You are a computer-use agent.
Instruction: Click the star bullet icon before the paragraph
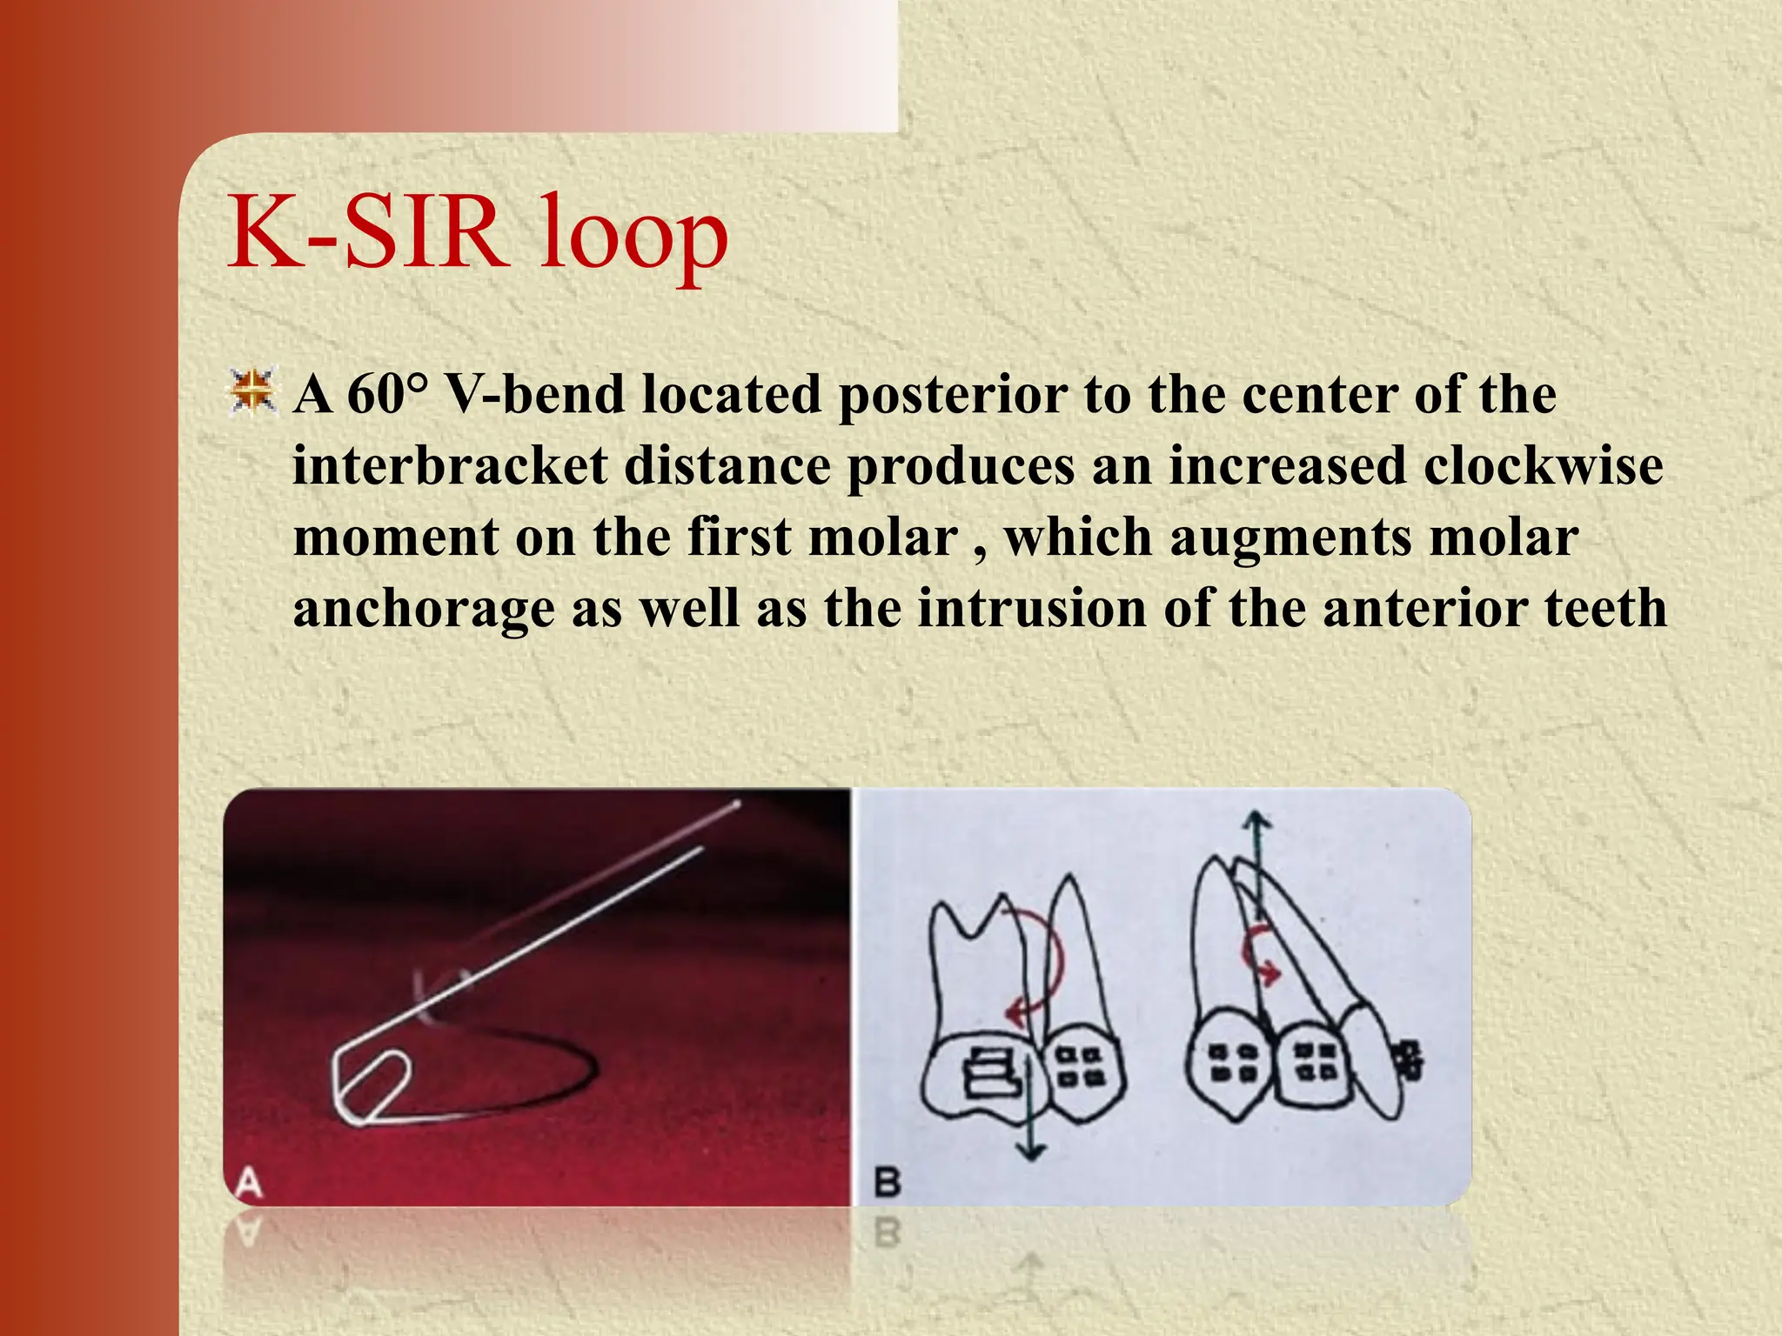tap(253, 391)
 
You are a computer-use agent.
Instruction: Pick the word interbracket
tap(450, 465)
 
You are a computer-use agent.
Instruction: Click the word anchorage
tap(423, 609)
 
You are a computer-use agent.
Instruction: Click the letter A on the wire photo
tap(249, 1184)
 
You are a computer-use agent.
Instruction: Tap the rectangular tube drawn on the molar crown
tap(992, 1073)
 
